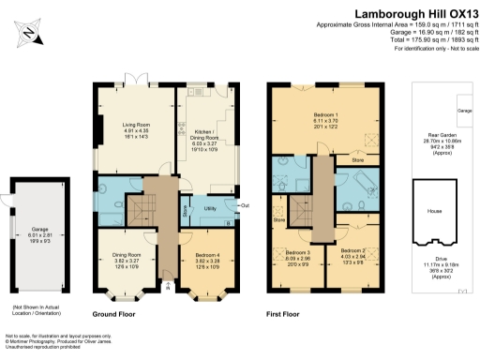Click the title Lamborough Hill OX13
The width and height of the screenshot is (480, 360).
[x=413, y=13]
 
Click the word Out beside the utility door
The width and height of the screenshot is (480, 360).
[x=244, y=204]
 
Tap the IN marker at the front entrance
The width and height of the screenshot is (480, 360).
[x=167, y=288]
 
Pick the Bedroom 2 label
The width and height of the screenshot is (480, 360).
[x=353, y=251]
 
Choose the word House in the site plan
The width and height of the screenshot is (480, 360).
[x=435, y=211]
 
